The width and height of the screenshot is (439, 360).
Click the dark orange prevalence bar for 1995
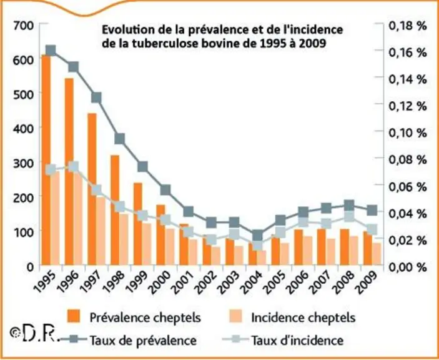[46, 160]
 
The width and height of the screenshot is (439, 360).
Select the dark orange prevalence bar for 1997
[92, 189]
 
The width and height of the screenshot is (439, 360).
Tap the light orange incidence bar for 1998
[124, 239]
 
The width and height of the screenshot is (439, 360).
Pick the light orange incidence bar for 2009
[377, 254]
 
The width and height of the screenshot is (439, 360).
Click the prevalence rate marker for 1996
[73, 67]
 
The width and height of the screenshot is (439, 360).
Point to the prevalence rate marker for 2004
[257, 236]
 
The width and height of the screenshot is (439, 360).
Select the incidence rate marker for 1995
[51, 170]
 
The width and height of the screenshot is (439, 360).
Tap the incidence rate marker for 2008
[349, 216]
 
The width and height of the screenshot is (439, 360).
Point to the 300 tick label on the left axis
[23, 162]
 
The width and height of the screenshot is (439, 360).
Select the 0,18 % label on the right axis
[408, 26]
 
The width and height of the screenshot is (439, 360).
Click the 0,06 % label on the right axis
[408, 187]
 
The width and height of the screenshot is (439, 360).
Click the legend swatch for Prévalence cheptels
[74, 316]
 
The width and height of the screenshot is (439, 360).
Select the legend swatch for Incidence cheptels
[235, 316]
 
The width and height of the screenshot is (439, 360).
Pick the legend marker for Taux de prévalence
[74, 339]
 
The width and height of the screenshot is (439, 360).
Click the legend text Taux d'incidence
[297, 341]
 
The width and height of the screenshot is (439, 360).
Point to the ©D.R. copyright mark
[35, 333]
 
